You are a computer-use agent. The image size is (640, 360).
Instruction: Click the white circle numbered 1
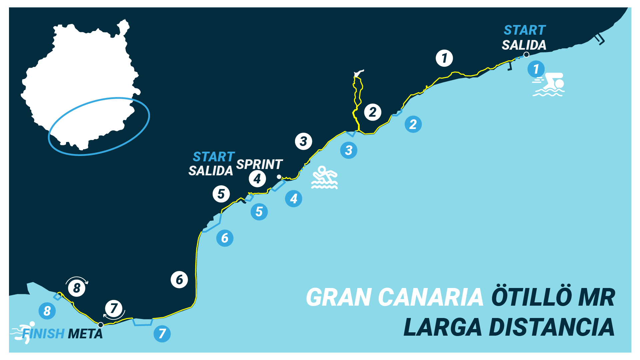coord(444,58)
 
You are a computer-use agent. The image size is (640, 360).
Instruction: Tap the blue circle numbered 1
coord(536,69)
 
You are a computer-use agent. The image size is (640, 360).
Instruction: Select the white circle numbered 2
coord(373,112)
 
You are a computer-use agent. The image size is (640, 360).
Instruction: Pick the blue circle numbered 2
coord(413,124)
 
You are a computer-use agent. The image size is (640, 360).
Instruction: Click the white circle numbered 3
coord(303,141)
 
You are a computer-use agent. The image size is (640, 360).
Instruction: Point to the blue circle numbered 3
coord(349,150)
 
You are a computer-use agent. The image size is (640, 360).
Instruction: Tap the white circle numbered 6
coord(179,280)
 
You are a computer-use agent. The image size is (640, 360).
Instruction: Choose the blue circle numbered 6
coord(225,238)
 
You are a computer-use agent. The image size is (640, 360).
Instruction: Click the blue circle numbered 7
coord(162,334)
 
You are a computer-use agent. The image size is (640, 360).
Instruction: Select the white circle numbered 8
coord(77,288)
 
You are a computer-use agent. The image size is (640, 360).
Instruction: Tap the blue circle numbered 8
coord(47,311)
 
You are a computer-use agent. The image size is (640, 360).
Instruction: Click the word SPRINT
coord(259,164)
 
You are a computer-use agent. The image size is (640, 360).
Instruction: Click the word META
coord(85,334)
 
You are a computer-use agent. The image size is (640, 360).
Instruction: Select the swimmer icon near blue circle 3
coord(324,178)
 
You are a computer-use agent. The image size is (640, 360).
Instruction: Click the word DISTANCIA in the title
coord(551,327)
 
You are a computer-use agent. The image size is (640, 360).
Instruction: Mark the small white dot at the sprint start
coord(279,177)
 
